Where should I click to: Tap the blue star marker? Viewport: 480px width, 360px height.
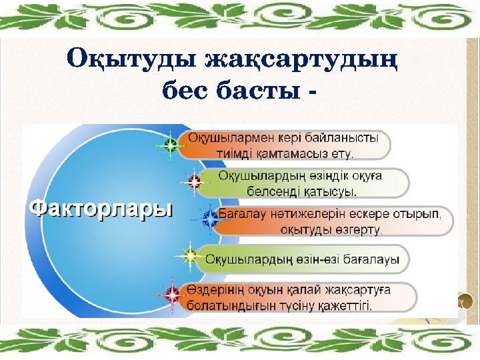209,218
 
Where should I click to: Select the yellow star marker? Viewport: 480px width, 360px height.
190,255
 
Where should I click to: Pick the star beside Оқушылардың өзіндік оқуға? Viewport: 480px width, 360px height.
194,180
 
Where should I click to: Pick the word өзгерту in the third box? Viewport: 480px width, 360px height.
359,230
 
